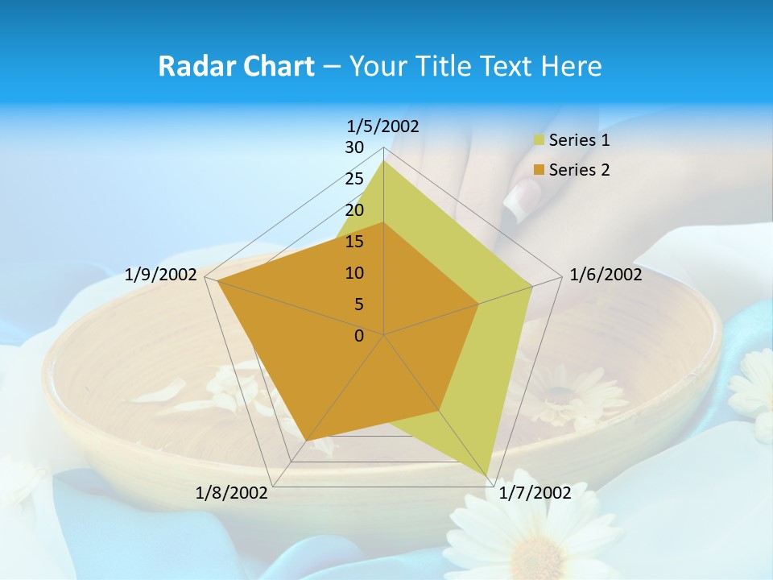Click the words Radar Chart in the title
pos(236,66)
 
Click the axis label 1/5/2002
pos(383,126)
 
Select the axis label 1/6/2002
pos(606,275)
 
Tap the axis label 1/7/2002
pos(535,493)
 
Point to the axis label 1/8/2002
pos(232,493)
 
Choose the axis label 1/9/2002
pos(161,275)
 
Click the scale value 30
pos(354,147)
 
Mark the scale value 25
pos(354,179)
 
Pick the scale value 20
pos(354,210)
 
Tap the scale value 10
pos(354,273)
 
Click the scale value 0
pos(359,336)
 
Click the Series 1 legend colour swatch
pos(539,141)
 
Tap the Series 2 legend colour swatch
pos(539,170)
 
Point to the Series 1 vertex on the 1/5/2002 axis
pos(383,160)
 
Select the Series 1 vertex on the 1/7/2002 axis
pos(487,476)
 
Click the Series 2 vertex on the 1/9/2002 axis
pos(217,281)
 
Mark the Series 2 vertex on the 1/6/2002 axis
pos(478,304)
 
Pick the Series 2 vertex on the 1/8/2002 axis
pos(305,441)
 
